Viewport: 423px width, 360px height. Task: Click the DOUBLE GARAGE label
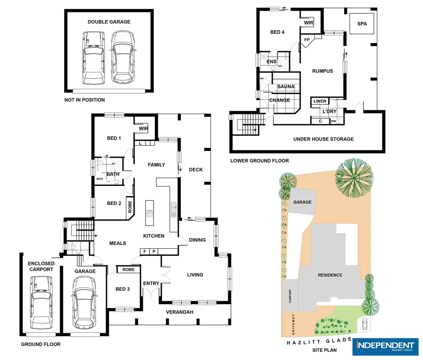pos(109,22)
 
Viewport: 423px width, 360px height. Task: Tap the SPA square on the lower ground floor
pos(362,24)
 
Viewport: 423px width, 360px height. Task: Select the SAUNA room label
pos(286,87)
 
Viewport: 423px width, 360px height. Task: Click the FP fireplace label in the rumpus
pos(307,40)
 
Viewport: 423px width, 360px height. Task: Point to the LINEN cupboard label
pos(320,101)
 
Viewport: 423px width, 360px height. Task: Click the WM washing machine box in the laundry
pos(333,121)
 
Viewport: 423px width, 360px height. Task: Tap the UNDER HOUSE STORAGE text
pos(323,139)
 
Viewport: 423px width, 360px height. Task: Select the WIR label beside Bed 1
pos(144,129)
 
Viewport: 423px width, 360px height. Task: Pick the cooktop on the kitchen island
pos(150,213)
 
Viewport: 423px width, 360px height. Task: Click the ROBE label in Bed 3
pos(128,270)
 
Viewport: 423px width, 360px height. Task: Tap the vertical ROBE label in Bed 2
pos(130,207)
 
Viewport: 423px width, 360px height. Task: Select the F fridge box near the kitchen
pos(145,252)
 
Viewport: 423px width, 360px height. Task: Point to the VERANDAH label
pos(180,312)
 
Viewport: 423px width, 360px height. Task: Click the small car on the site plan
pos(365,324)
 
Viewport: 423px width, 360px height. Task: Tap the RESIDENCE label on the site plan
pos(330,275)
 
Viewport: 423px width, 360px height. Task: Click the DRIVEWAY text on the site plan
pos(293,324)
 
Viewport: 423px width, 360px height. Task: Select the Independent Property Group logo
pos(385,347)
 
